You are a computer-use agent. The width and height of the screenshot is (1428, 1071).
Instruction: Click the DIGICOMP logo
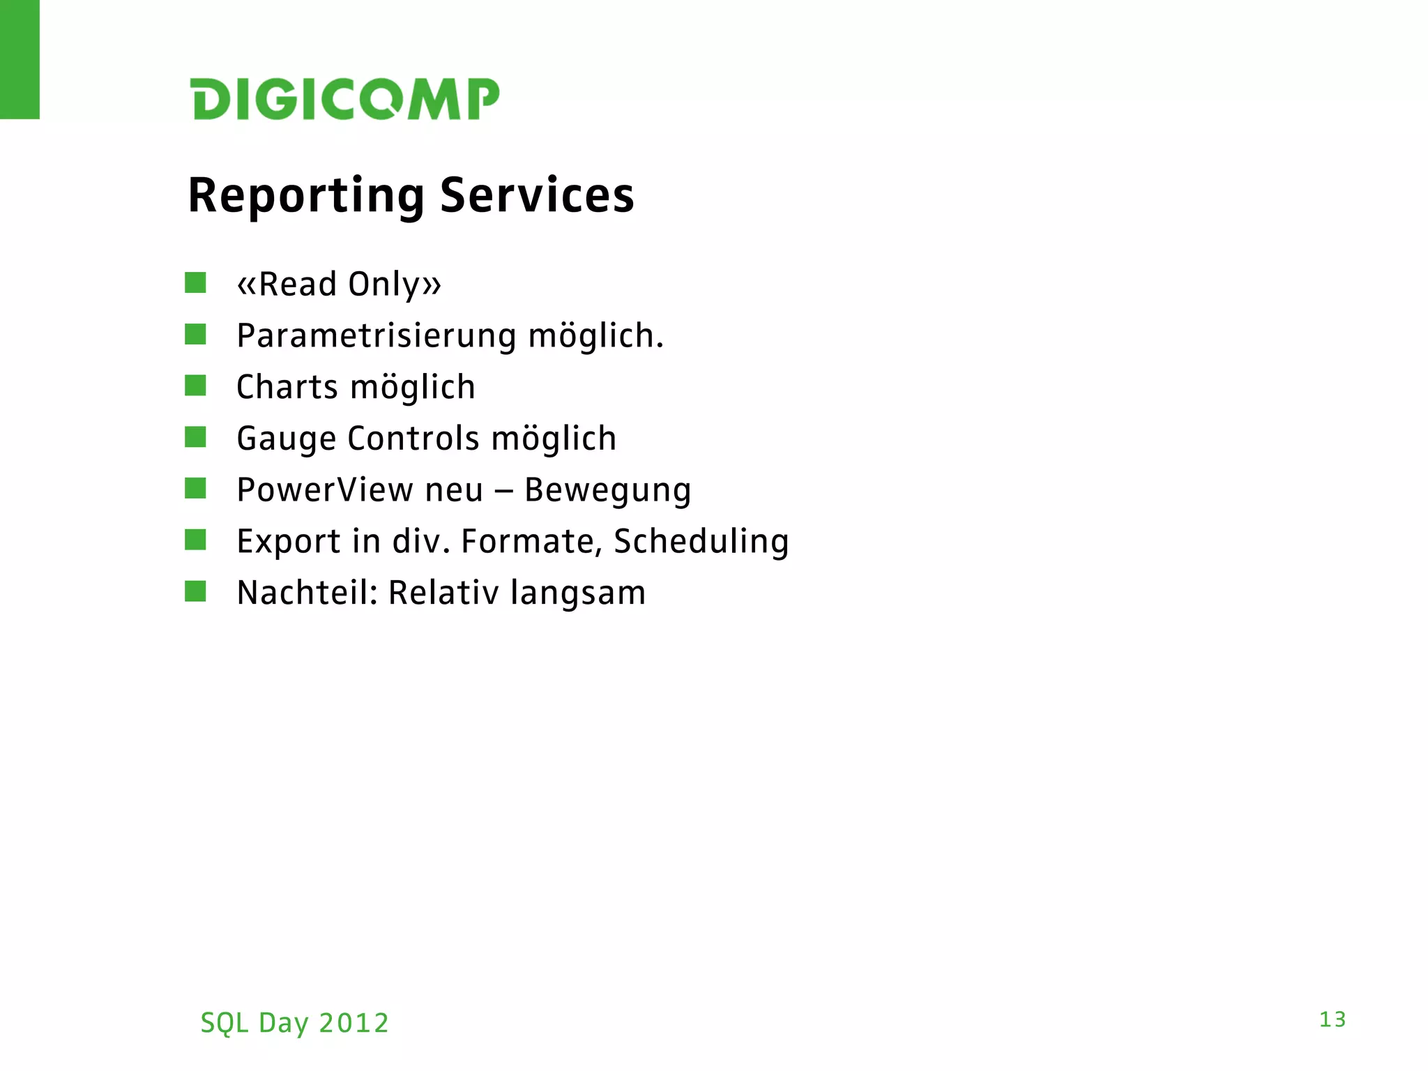[x=345, y=99]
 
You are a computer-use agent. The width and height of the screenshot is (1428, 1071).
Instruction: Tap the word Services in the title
[x=537, y=196]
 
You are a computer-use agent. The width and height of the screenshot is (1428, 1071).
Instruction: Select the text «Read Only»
[x=339, y=284]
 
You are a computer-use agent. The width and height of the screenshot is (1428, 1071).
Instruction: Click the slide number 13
[x=1332, y=1019]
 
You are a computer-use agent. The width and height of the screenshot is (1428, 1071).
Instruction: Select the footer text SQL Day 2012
[x=294, y=1023]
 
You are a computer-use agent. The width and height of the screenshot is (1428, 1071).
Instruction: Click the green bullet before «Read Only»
[x=195, y=283]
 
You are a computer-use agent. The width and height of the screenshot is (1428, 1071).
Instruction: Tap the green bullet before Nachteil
[x=195, y=591]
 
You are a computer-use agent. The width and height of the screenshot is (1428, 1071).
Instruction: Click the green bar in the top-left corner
[x=20, y=59]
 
